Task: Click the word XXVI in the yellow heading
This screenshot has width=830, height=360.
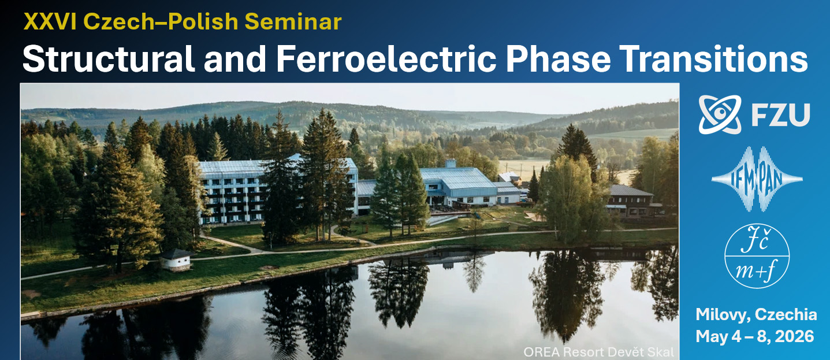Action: [x=50, y=21]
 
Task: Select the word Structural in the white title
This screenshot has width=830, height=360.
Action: [x=109, y=58]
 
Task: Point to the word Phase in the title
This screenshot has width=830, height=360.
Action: [x=558, y=58]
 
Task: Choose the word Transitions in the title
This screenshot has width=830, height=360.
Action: [x=714, y=58]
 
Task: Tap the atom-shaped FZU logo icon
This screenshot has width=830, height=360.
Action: [x=720, y=114]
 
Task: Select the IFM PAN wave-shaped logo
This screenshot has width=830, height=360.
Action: [x=757, y=179]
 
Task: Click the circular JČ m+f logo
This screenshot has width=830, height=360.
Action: [x=757, y=256]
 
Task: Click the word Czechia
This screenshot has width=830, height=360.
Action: [x=786, y=315]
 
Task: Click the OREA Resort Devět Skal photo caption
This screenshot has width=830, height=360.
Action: [x=598, y=352]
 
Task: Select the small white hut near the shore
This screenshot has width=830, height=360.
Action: [x=177, y=259]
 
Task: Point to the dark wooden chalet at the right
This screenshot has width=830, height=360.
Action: [x=630, y=201]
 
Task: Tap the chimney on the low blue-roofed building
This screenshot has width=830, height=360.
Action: [x=451, y=164]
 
